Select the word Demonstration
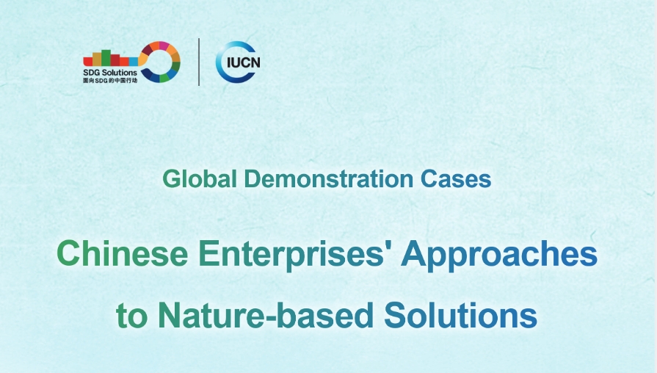tap(329, 178)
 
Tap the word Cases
tap(456, 179)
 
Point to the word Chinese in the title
tap(123, 253)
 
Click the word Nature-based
tap(266, 315)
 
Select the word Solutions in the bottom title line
tap(460, 315)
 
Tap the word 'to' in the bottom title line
tap(131, 316)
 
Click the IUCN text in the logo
tap(243, 62)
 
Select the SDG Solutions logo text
tap(110, 73)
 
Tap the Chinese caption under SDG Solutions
tap(110, 80)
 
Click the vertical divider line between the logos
tap(199, 62)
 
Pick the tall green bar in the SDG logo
tap(106, 58)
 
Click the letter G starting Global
tap(171, 179)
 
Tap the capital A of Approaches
tap(414, 253)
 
